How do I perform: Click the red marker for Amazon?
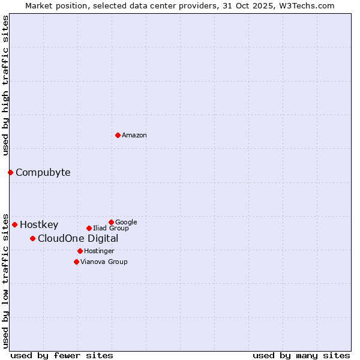[118, 135]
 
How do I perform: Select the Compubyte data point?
[10, 172]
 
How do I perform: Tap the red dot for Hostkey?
[14, 224]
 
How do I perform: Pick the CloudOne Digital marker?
[32, 238]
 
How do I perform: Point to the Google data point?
[111, 222]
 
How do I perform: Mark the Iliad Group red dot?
[89, 228]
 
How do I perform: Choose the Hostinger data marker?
[80, 251]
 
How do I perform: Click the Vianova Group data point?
[76, 262]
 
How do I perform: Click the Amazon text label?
[134, 136]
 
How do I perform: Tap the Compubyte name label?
[43, 173]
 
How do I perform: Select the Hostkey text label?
[39, 225]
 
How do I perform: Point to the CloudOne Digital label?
[78, 239]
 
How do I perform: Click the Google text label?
[126, 223]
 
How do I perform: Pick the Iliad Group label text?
[111, 229]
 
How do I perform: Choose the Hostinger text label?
[99, 251]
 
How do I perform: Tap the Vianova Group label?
[104, 262]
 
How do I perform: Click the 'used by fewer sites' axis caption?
[62, 355]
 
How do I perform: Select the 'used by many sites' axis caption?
[301, 355]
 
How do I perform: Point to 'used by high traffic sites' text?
[5, 85]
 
